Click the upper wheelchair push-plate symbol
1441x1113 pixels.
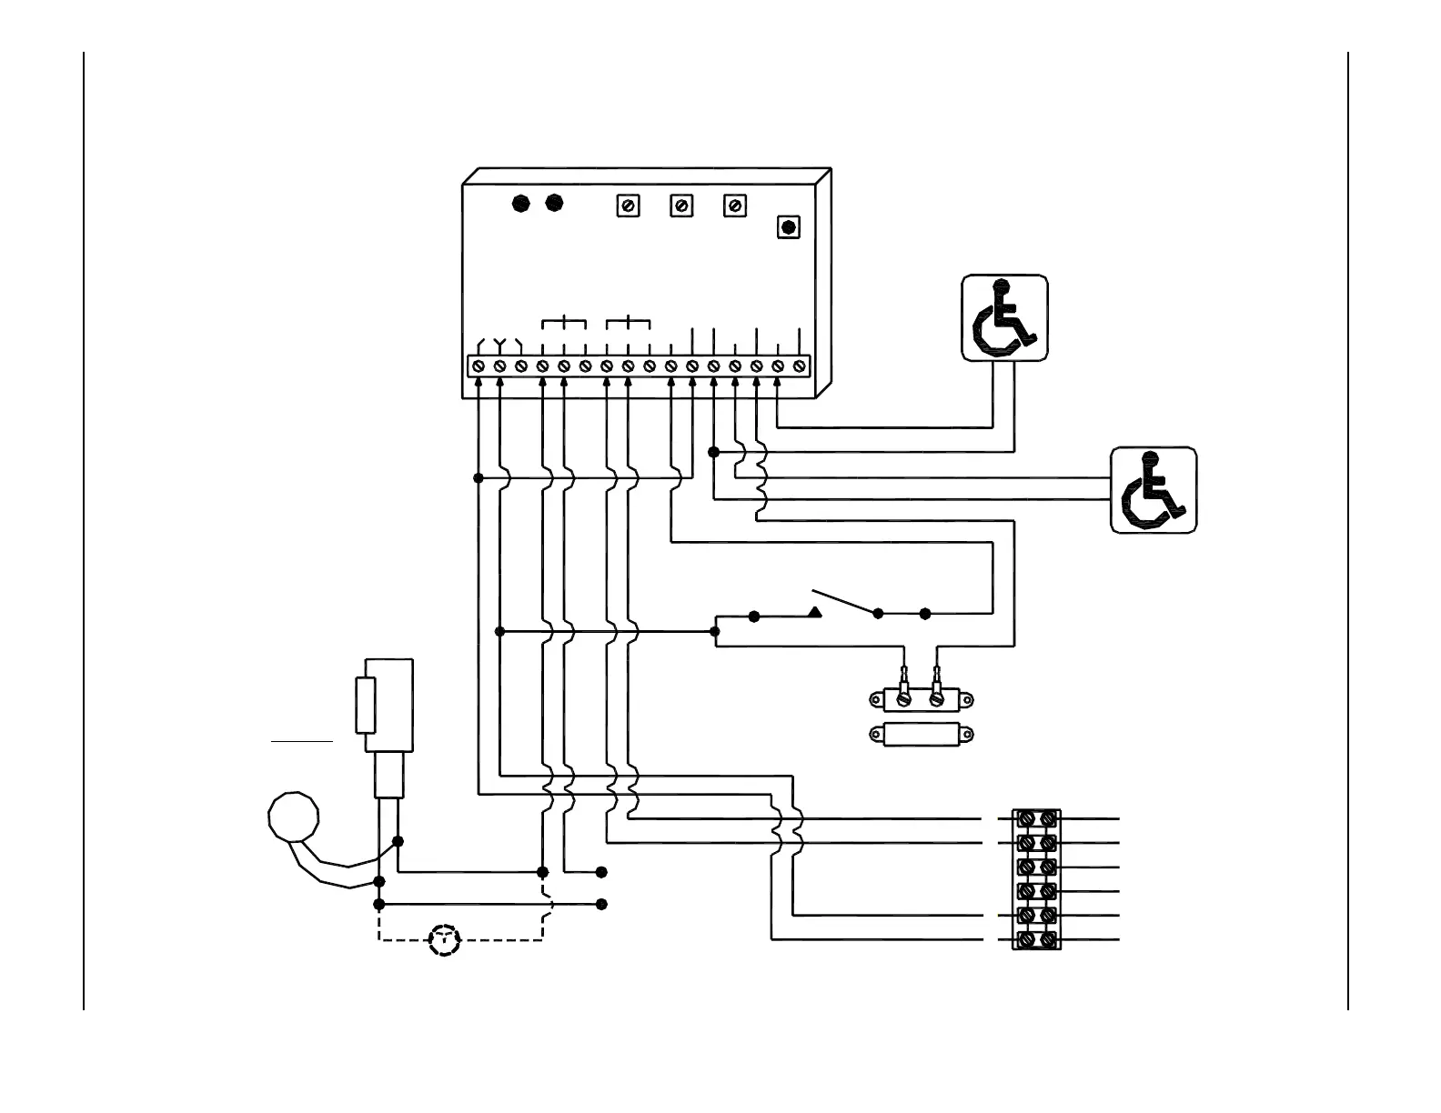(1004, 318)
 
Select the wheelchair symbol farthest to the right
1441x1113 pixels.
(1153, 490)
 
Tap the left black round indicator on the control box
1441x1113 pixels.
(520, 204)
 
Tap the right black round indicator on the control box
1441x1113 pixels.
(553, 204)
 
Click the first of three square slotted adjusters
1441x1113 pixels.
(628, 206)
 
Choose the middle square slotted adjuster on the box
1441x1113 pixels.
(681, 206)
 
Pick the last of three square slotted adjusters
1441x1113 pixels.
(735, 206)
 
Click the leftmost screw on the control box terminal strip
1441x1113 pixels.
(479, 366)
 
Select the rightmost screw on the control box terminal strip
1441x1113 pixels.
(799, 366)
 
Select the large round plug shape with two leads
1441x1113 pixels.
(294, 816)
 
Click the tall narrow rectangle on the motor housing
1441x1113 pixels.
(365, 705)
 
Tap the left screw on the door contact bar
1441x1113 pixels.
(903, 699)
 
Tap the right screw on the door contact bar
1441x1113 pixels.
(937, 699)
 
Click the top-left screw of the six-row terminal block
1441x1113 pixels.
(1025, 819)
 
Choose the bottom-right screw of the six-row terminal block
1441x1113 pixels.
(1048, 938)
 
